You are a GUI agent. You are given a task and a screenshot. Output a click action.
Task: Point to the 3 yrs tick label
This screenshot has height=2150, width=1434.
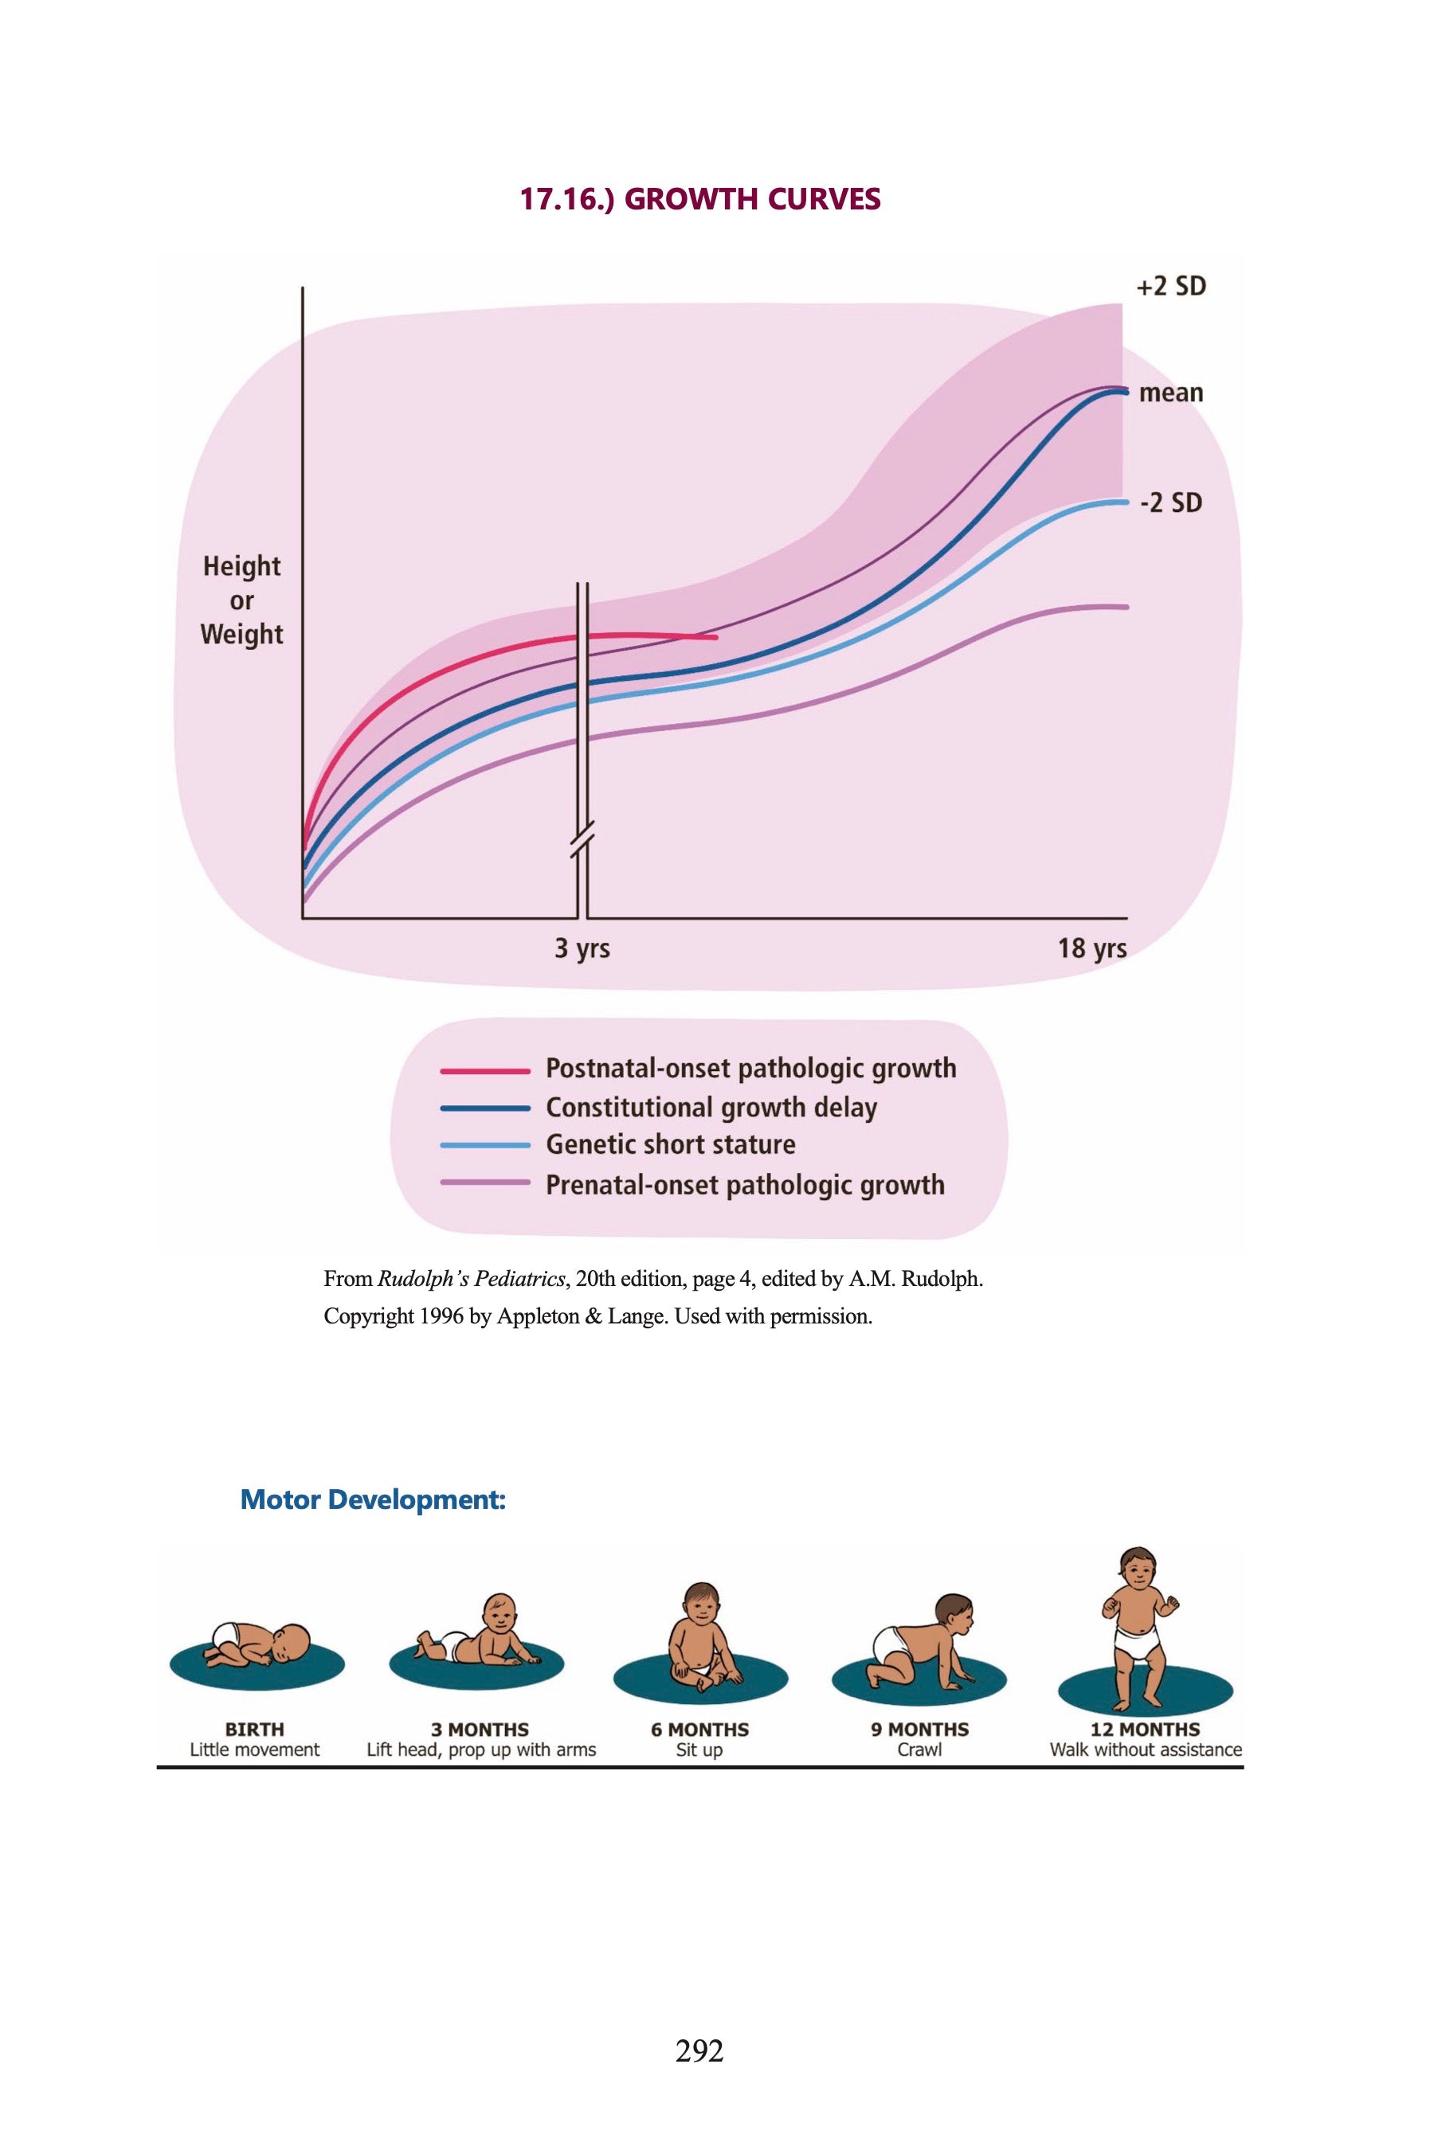(582, 948)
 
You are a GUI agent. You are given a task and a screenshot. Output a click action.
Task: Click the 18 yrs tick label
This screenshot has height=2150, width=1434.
(1092, 948)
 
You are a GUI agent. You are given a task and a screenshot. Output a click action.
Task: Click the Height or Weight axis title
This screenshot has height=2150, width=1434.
(241, 600)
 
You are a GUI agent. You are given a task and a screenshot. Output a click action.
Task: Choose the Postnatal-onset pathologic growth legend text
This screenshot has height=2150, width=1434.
(750, 1068)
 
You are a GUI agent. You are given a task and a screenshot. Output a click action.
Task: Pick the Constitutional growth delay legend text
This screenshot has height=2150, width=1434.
(711, 1107)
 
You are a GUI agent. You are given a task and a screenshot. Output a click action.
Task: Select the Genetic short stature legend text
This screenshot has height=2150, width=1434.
(670, 1144)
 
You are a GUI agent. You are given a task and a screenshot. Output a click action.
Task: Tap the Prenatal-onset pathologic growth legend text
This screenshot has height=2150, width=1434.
(746, 1185)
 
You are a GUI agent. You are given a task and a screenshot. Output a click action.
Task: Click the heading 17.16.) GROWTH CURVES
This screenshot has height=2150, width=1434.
(699, 199)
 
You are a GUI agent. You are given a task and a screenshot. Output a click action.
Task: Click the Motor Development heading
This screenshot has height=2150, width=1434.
(372, 1500)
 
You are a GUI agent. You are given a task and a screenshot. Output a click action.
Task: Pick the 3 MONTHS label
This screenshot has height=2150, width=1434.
(480, 1730)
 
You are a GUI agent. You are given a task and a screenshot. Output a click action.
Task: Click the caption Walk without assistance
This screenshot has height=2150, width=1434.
(1145, 1750)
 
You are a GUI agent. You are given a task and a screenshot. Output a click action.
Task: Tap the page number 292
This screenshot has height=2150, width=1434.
(699, 2051)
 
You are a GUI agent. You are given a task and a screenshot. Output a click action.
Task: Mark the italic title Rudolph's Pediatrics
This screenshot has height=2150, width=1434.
(470, 1279)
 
